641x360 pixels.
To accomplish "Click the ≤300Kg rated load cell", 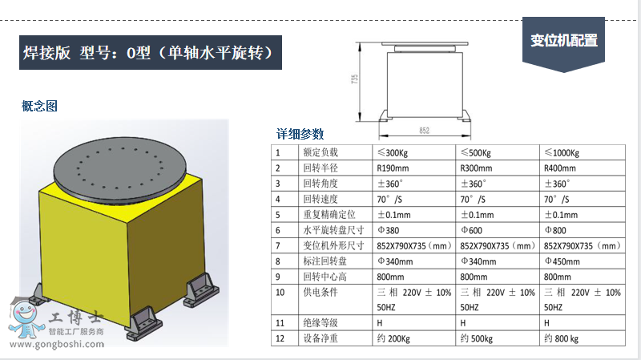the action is click(413, 152).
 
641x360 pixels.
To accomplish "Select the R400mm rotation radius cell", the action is click(583, 168).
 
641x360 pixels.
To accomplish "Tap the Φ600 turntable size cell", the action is click(497, 230).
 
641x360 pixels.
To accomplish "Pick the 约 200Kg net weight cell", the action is click(413, 338).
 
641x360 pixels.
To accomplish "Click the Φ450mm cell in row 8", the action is click(583, 261).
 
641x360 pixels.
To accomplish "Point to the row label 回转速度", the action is click(320, 199).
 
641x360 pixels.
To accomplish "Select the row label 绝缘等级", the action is click(320, 323).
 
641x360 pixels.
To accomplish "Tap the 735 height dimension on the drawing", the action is click(354, 79).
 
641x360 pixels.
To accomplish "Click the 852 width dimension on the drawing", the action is click(425, 131).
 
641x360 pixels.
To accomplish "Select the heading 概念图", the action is click(39, 107).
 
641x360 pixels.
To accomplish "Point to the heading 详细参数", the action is click(300, 134).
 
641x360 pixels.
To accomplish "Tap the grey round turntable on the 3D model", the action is click(119, 169).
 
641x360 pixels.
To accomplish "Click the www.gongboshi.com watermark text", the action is click(57, 344).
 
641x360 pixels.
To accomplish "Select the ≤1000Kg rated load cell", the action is click(583, 152).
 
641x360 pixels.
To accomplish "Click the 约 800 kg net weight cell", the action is click(583, 338).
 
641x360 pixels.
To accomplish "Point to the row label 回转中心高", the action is click(325, 277).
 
